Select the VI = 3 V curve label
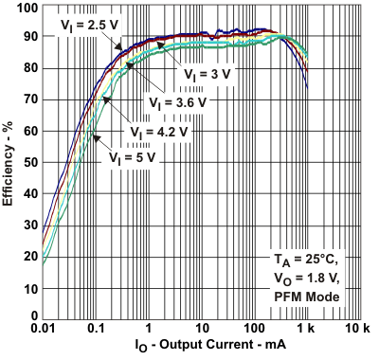[x=205, y=71]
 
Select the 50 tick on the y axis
[x=29, y=162]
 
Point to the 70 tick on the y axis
[x=29, y=100]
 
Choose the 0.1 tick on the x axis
[x=96, y=329]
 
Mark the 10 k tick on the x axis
[x=359, y=329]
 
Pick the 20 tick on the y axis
[x=29, y=255]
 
